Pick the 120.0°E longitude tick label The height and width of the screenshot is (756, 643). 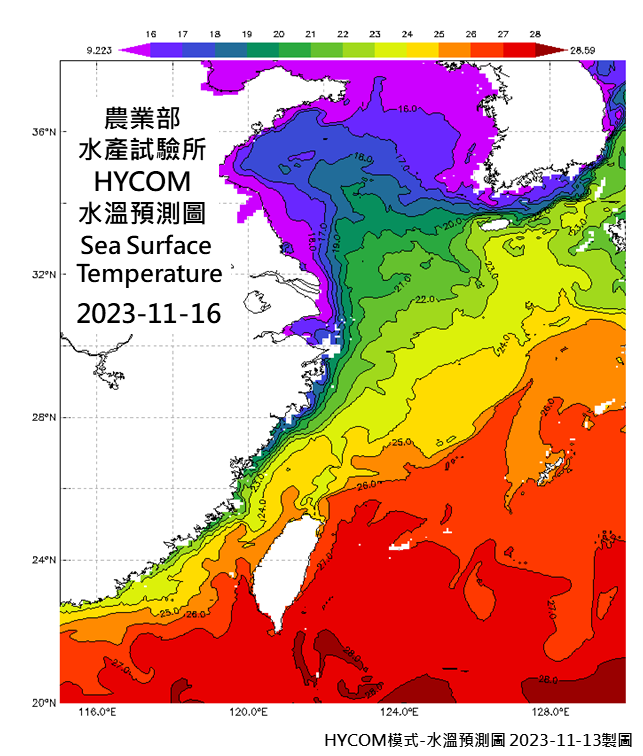point(248,713)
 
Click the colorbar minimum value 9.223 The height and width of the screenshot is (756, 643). point(98,48)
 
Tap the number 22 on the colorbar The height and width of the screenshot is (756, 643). point(343,33)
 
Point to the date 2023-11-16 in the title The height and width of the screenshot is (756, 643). point(149,312)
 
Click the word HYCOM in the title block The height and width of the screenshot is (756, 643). point(148,182)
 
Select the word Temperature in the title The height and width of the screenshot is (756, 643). point(149,273)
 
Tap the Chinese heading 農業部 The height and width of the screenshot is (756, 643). point(148,116)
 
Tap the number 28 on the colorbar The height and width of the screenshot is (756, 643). point(536,33)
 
